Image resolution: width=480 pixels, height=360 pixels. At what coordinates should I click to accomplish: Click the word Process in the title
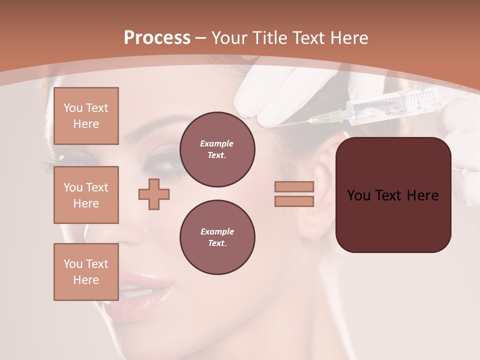coord(157,38)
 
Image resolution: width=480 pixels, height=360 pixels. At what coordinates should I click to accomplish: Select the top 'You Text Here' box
coord(86,116)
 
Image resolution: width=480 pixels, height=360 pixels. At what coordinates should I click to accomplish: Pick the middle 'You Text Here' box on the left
coord(86,195)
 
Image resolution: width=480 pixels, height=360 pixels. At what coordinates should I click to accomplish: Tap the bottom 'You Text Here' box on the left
coord(86,272)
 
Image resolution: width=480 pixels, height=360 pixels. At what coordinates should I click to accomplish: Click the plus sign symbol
coord(154,194)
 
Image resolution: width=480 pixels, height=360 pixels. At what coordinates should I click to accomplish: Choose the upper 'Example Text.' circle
coord(217,149)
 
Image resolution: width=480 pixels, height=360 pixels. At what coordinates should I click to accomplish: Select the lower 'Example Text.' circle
coord(217,237)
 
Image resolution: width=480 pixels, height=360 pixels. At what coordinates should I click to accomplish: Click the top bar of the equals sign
coord(294,186)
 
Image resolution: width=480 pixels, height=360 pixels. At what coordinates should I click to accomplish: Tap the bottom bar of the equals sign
coord(294,201)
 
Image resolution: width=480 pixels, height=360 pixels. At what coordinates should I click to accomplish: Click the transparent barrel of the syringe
coord(395,105)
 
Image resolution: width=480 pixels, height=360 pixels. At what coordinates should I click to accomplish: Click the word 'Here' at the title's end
coord(349,38)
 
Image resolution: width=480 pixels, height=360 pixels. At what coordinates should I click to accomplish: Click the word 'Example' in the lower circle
coord(217,231)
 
